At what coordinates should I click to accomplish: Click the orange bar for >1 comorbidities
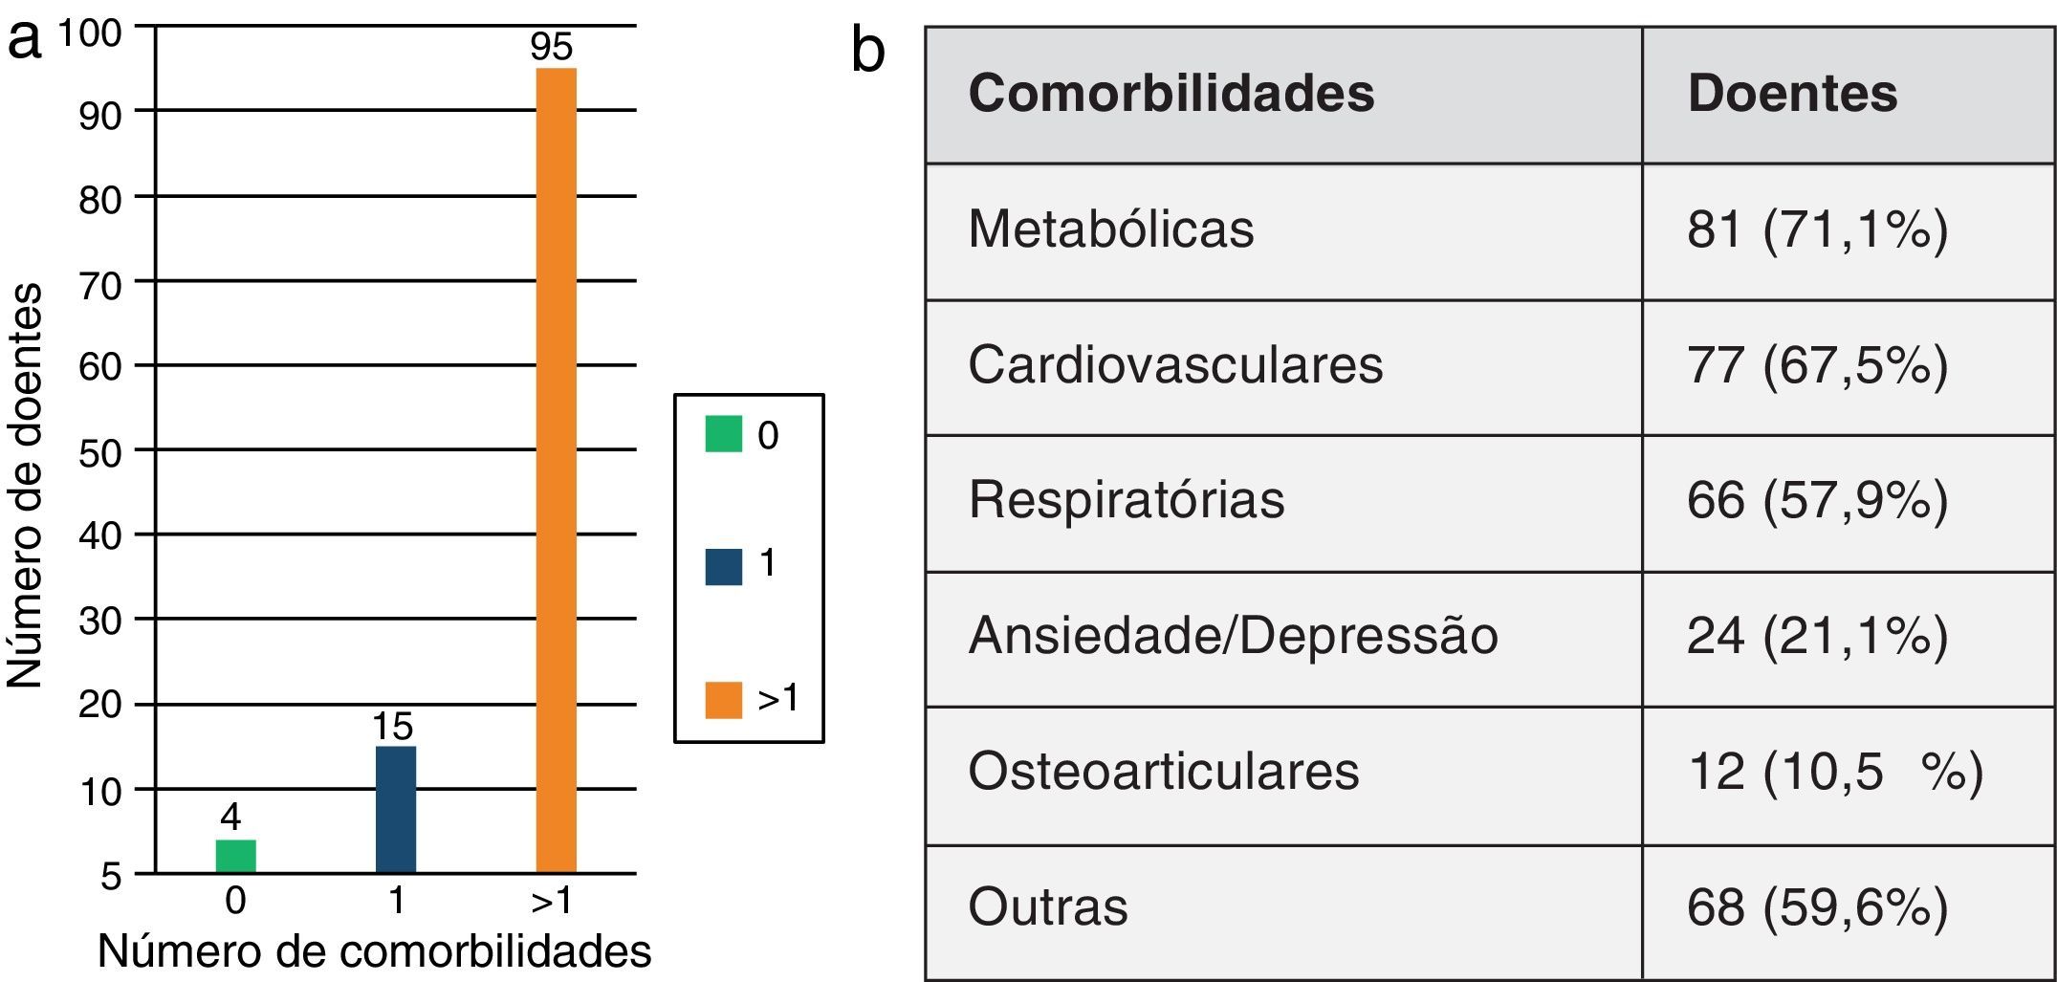556,469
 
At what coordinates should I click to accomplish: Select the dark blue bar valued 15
395,809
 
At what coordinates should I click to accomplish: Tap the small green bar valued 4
235,856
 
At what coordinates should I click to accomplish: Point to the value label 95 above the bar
552,47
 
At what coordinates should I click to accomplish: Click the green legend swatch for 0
723,434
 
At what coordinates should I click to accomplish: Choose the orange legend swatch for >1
723,699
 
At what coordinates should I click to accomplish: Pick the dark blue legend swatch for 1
723,566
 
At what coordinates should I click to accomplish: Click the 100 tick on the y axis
91,33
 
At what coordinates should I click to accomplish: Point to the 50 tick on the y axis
100,452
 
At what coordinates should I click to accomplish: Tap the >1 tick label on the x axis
552,901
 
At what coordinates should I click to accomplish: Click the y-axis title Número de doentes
26,485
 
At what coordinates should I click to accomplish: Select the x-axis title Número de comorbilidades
374,951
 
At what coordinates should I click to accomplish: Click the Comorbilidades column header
1171,94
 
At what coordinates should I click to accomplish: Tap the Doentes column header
1791,94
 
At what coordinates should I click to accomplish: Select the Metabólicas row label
1110,229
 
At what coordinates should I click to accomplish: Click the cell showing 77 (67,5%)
1816,365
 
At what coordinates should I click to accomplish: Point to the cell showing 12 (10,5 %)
1834,772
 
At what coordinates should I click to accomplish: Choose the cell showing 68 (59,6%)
1816,907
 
